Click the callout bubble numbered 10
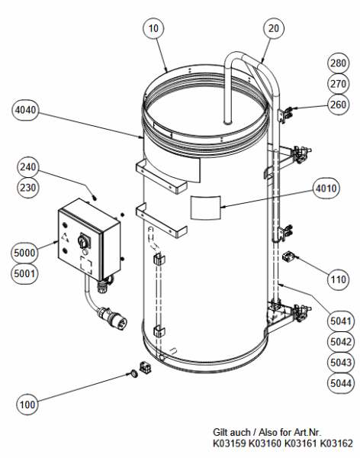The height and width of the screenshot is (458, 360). click(153, 28)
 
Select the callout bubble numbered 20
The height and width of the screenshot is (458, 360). click(272, 28)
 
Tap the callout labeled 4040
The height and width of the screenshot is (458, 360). click(27, 111)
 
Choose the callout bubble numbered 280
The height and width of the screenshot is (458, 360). click(338, 63)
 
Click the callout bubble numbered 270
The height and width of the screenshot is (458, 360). click(338, 83)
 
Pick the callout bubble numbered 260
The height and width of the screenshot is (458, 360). click(338, 104)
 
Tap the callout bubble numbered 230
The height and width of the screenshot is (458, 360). click(27, 187)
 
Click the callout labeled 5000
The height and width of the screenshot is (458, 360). click(25, 252)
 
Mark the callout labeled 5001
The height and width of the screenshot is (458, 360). click(25, 273)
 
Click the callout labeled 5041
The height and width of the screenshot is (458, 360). click(338, 321)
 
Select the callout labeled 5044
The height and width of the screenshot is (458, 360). click(338, 382)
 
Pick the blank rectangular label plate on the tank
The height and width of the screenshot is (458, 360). click(204, 205)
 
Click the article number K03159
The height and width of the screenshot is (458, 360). click(230, 443)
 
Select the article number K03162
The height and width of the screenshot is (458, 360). click(336, 443)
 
